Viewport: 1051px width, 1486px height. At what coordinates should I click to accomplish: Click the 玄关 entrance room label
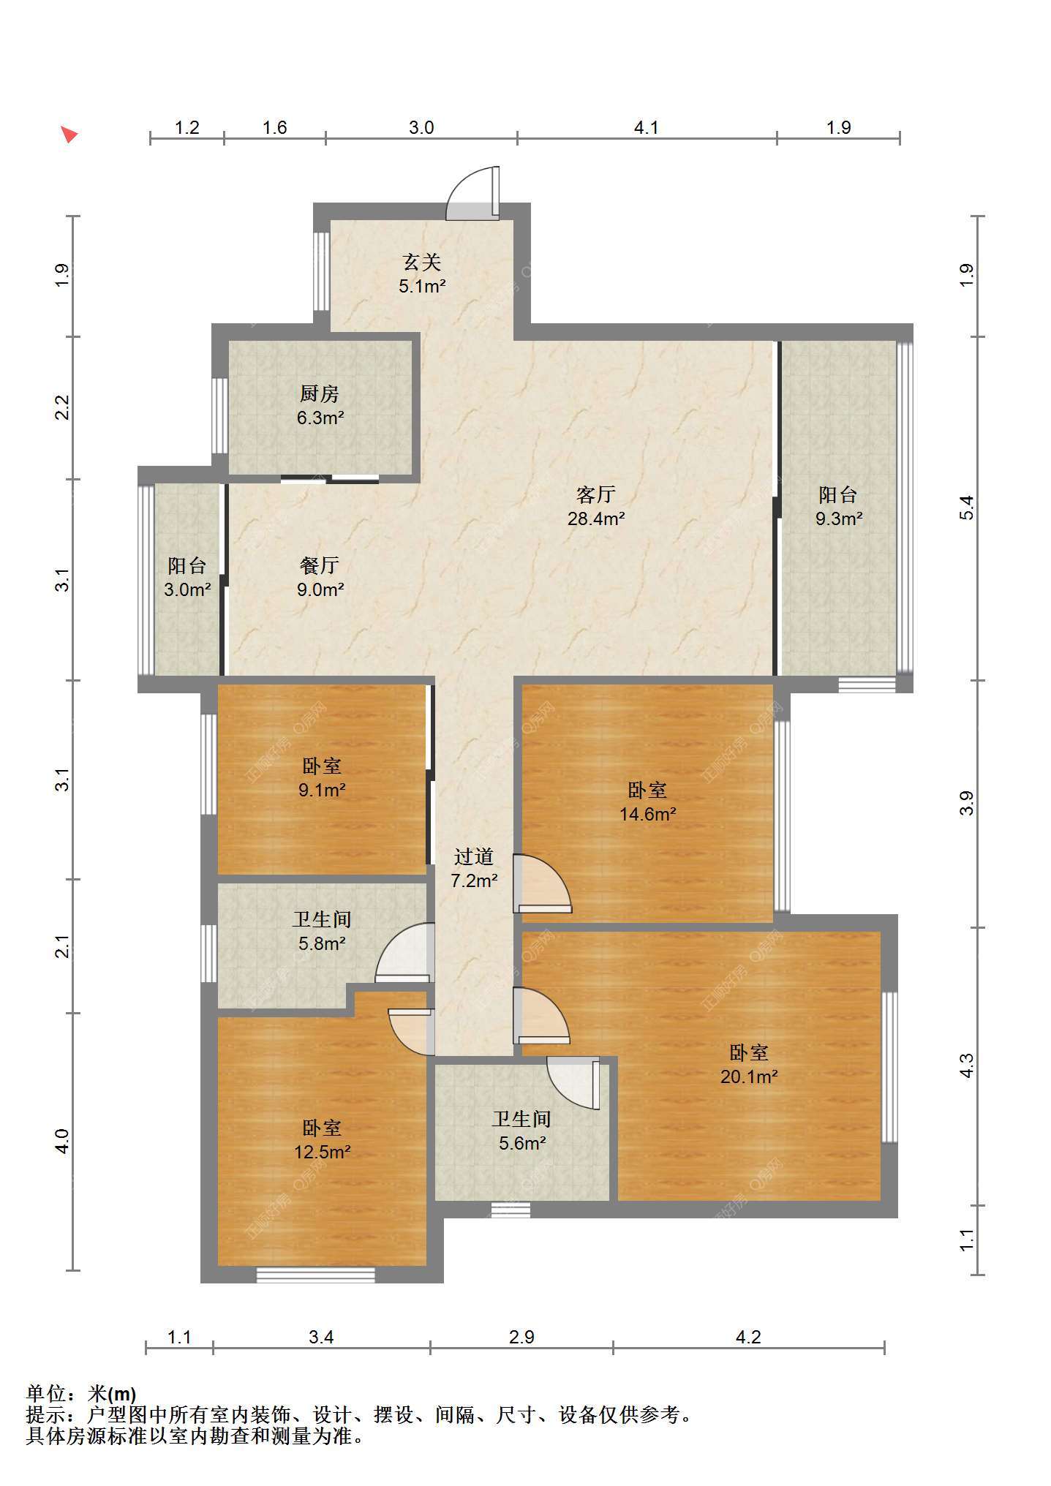422,262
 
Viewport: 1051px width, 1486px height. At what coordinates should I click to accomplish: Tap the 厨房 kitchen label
320,393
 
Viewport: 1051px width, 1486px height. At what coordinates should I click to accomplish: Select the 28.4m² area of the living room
596,519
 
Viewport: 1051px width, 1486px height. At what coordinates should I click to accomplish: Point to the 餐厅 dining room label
320,565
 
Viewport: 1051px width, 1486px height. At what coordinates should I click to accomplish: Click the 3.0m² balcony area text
187,589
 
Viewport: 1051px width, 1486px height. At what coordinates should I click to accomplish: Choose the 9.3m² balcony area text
839,519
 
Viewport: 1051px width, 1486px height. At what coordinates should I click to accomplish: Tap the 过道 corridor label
474,856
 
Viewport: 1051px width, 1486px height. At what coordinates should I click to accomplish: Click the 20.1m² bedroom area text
749,1076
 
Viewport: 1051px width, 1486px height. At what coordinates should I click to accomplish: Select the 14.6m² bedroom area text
647,814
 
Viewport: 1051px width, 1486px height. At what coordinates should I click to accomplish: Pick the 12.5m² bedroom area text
322,1153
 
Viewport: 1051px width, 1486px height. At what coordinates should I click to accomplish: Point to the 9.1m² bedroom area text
322,790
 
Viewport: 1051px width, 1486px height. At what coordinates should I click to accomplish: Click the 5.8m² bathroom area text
322,943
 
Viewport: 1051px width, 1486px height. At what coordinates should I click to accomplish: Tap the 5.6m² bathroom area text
522,1143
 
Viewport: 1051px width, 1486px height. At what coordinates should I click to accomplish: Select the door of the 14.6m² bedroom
542,883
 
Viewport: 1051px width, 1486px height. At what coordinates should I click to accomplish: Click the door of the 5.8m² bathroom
404,953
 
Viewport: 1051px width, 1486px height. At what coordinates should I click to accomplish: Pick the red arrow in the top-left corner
69,134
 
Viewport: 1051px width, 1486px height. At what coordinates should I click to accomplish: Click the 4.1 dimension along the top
646,128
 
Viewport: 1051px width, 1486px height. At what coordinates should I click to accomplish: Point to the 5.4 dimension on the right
967,507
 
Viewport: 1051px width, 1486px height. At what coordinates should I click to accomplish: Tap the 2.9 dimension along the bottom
521,1338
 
